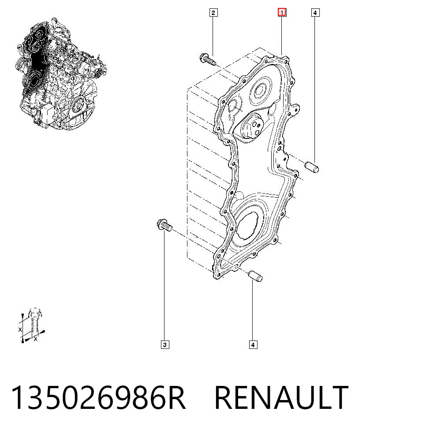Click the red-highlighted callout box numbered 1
(282, 13)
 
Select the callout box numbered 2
(213, 13)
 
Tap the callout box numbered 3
(165, 345)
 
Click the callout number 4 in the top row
(315, 13)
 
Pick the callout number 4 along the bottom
(253, 345)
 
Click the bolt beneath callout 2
(208, 59)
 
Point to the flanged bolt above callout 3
(164, 225)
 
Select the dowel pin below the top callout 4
(312, 167)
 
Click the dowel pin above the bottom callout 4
(256, 276)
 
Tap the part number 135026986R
(98, 398)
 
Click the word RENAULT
(281, 398)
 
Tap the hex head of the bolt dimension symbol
(34, 313)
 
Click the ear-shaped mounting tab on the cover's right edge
(295, 109)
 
